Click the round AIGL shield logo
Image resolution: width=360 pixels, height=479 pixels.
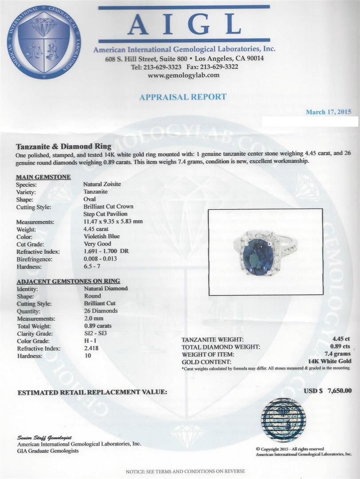pyautogui.click(x=44, y=42)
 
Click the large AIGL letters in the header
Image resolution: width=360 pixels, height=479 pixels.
pyautogui.click(x=184, y=25)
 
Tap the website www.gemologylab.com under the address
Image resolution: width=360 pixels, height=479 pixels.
pyautogui.click(x=184, y=75)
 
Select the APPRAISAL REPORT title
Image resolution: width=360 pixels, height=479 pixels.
pyautogui.click(x=183, y=97)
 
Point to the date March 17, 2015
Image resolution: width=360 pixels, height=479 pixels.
pyautogui.click(x=329, y=112)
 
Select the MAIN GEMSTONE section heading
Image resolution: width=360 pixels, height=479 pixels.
pyautogui.click(x=43, y=177)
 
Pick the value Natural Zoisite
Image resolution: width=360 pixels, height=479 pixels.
pyautogui.click(x=102, y=185)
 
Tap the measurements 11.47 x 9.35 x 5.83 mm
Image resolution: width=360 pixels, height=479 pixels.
pyautogui.click(x=113, y=222)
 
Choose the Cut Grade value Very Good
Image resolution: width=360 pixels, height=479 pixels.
pyautogui.click(x=97, y=244)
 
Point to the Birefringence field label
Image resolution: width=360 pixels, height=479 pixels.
pyautogui.click(x=34, y=259)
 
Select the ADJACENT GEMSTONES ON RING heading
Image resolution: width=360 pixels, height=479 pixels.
pyautogui.click(x=68, y=281)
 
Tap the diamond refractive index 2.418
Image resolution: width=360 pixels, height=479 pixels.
pyautogui.click(x=91, y=348)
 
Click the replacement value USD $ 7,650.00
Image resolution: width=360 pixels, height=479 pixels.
pyautogui.click(x=328, y=391)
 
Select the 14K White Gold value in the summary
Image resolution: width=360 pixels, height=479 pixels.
pyautogui.click(x=329, y=361)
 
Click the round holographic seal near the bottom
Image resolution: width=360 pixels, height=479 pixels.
pyautogui.click(x=283, y=420)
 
